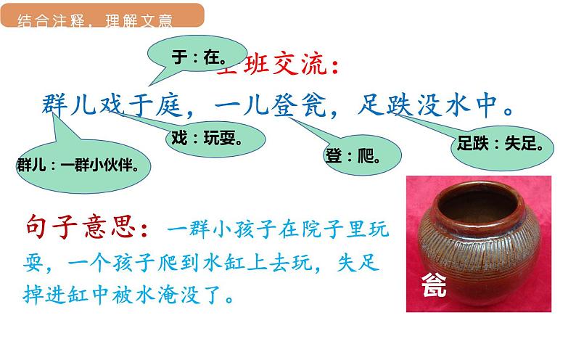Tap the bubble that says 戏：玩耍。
206,137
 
